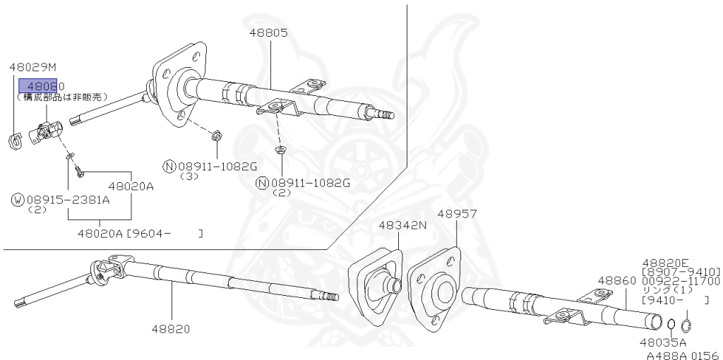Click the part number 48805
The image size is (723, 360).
click(x=268, y=32)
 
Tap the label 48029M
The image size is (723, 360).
click(x=32, y=68)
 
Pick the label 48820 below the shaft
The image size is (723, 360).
click(x=171, y=329)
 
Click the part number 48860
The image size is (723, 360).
click(x=617, y=280)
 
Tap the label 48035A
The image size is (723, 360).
click(x=663, y=342)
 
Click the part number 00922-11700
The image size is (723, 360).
click(x=681, y=281)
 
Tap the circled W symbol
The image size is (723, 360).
click(x=18, y=200)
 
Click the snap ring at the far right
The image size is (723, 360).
click(x=688, y=326)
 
